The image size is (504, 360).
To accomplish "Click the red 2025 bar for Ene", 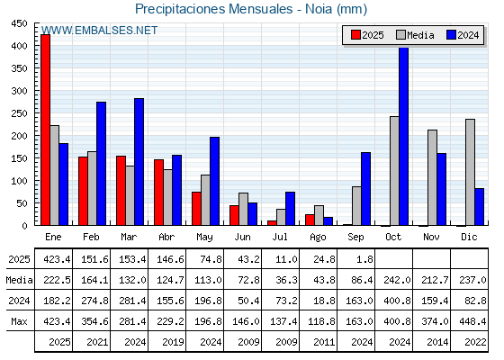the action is point(46,130).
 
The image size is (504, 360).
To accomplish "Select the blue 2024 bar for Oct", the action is point(404,136).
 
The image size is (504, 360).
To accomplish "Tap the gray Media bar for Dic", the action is point(470,172).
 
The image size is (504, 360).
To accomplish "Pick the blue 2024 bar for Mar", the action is point(139,162).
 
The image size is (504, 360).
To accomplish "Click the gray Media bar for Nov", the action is point(432,178).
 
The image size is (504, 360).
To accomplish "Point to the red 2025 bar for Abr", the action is point(158,193).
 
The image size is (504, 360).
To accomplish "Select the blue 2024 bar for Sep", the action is point(365,189).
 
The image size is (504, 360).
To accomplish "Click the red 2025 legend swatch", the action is point(355,35).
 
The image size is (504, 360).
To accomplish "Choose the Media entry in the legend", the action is point(415,35).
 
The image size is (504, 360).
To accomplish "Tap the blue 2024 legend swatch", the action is point(451,35).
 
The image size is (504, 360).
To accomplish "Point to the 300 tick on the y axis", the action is point(19,91).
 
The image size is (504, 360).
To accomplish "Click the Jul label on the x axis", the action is point(280,237).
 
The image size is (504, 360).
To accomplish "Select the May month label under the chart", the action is point(204,238).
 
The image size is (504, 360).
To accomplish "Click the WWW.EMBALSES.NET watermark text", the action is point(99,31).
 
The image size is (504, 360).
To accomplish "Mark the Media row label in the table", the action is point(19,280).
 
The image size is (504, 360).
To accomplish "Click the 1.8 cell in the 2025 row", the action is point(364,259).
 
